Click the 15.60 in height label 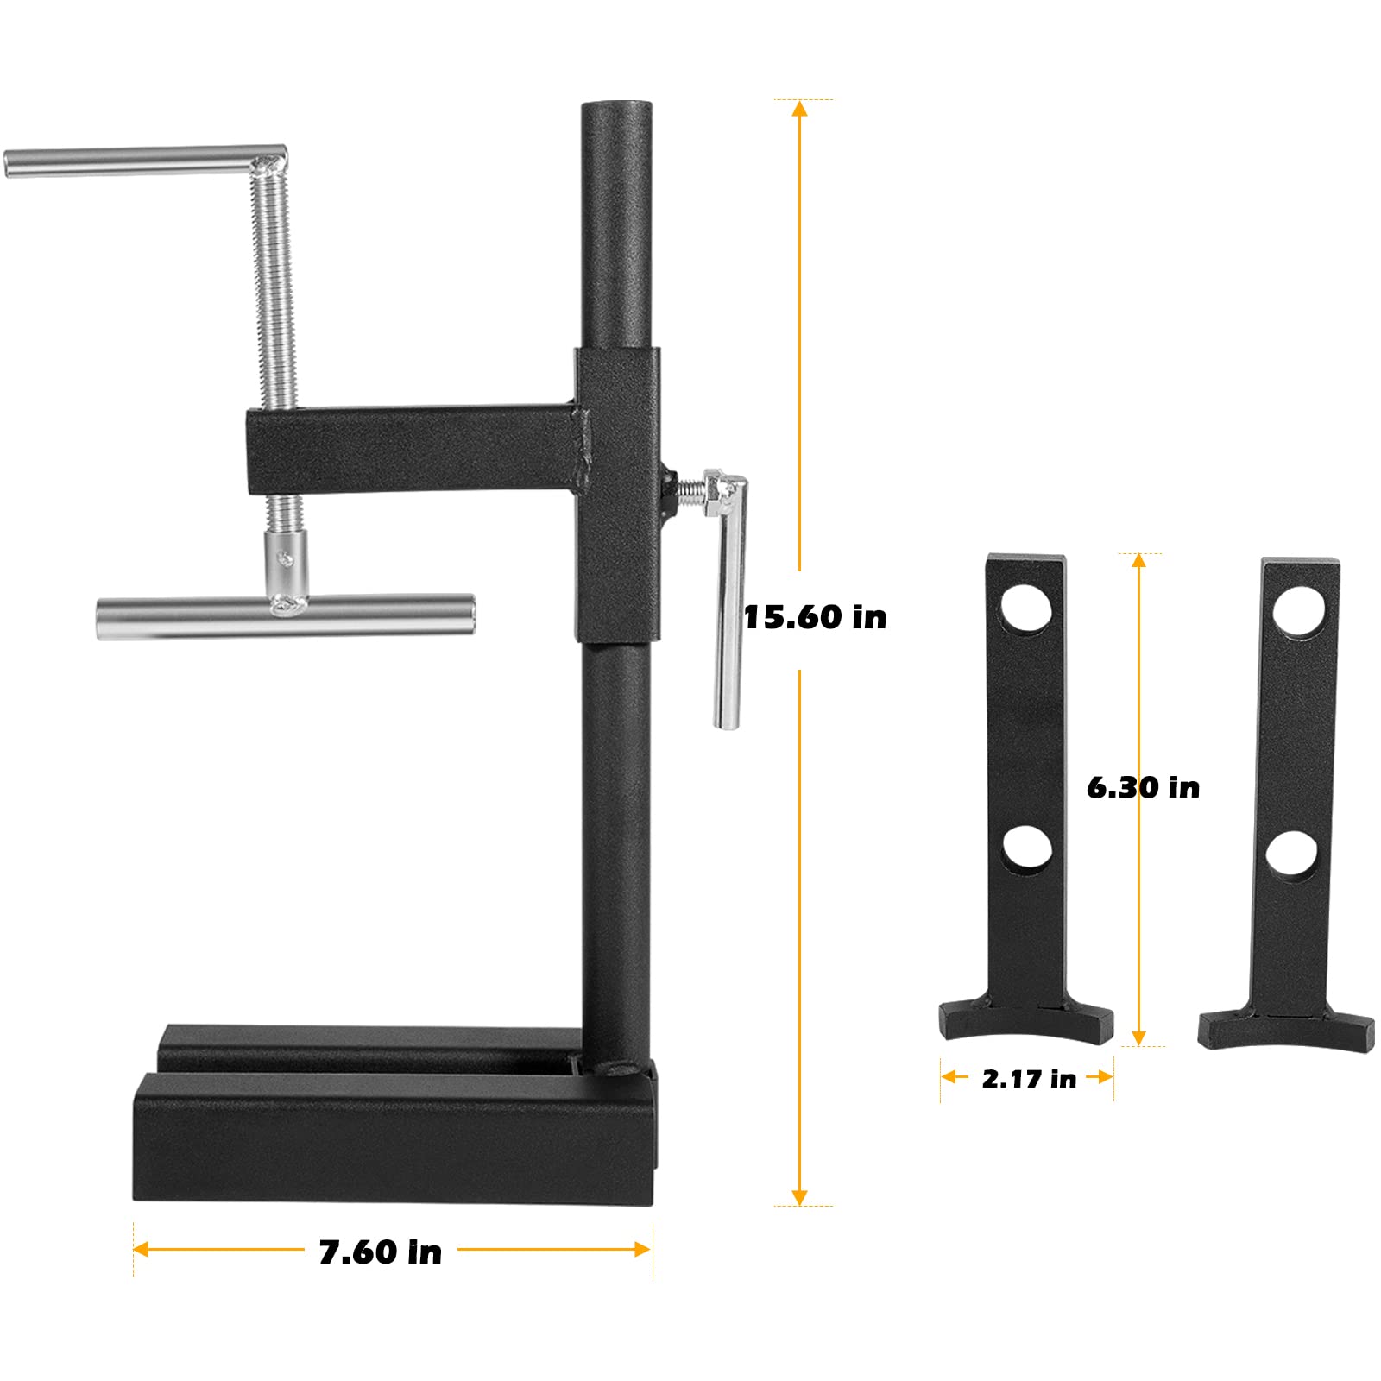pyautogui.click(x=814, y=617)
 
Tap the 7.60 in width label pyautogui.click(x=380, y=1252)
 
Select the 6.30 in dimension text pyautogui.click(x=1143, y=787)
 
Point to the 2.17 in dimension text pyautogui.click(x=1029, y=1079)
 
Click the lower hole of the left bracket pyautogui.click(x=1027, y=848)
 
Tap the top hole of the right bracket pyautogui.click(x=1299, y=610)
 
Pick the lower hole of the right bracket pyautogui.click(x=1292, y=854)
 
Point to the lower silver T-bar pyautogui.click(x=285, y=615)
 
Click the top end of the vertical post pyautogui.click(x=616, y=112)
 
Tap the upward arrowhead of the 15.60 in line pyautogui.click(x=799, y=109)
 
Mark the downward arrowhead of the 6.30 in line pyautogui.click(x=1138, y=1037)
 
